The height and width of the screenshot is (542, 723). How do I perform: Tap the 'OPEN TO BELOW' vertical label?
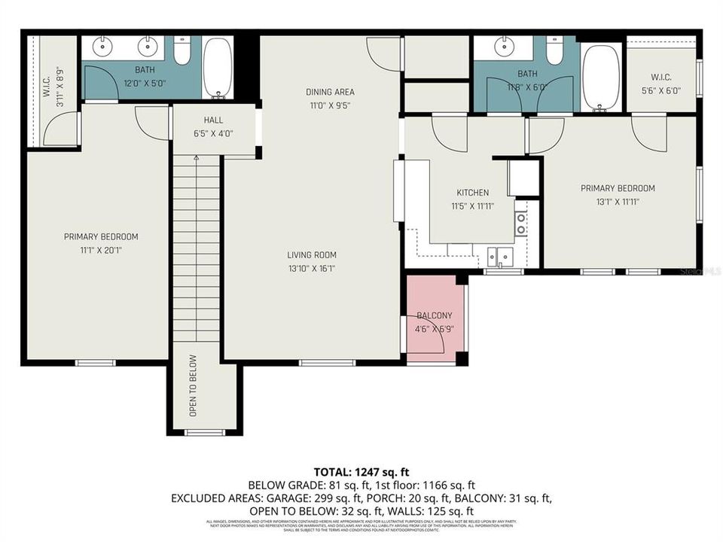[193, 385]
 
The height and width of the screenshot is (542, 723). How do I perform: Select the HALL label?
[213, 120]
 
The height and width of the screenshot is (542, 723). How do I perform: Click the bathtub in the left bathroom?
[218, 69]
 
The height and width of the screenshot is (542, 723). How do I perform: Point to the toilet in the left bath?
[182, 51]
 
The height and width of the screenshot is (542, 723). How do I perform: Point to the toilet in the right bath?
[554, 51]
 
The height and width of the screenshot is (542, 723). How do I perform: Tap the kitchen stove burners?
[520, 223]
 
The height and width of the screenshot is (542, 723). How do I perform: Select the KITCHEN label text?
[472, 193]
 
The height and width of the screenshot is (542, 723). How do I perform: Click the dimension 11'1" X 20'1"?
[101, 249]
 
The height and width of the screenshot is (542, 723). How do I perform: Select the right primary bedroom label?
[618, 188]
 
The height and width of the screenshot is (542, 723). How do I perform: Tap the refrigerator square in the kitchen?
[523, 177]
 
